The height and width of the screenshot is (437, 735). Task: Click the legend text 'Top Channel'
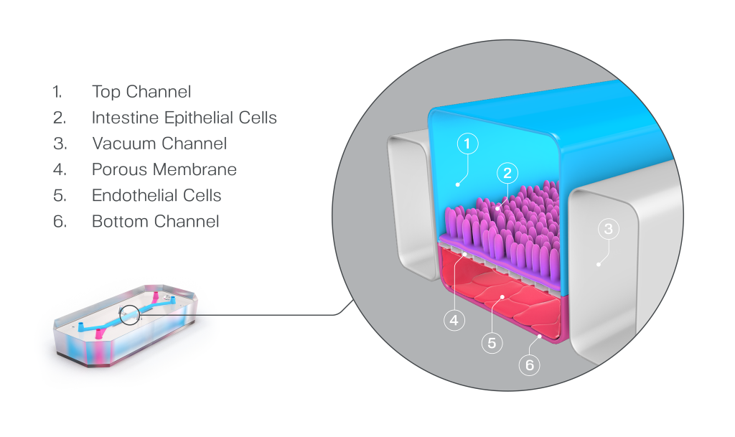click(141, 92)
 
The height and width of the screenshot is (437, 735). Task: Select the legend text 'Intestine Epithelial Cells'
click(184, 118)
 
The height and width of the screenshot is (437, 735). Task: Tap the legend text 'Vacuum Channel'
click(159, 144)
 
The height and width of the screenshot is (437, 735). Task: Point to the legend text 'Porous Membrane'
click(164, 169)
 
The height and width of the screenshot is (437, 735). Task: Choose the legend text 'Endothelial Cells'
click(156, 195)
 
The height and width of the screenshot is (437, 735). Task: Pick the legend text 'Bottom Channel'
click(155, 221)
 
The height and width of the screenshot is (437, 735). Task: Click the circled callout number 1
click(467, 144)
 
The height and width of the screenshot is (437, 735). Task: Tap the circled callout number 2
click(507, 172)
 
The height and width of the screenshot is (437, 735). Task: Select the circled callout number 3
click(608, 230)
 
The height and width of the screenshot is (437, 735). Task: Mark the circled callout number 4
click(453, 321)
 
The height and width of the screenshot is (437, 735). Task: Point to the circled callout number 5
click(491, 343)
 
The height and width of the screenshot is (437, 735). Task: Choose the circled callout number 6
click(530, 365)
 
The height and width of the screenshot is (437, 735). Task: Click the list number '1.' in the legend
click(57, 92)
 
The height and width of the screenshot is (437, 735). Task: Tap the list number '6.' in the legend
click(59, 221)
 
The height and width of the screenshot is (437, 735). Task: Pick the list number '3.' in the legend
click(59, 144)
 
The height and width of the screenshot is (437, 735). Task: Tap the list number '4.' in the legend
click(59, 169)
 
